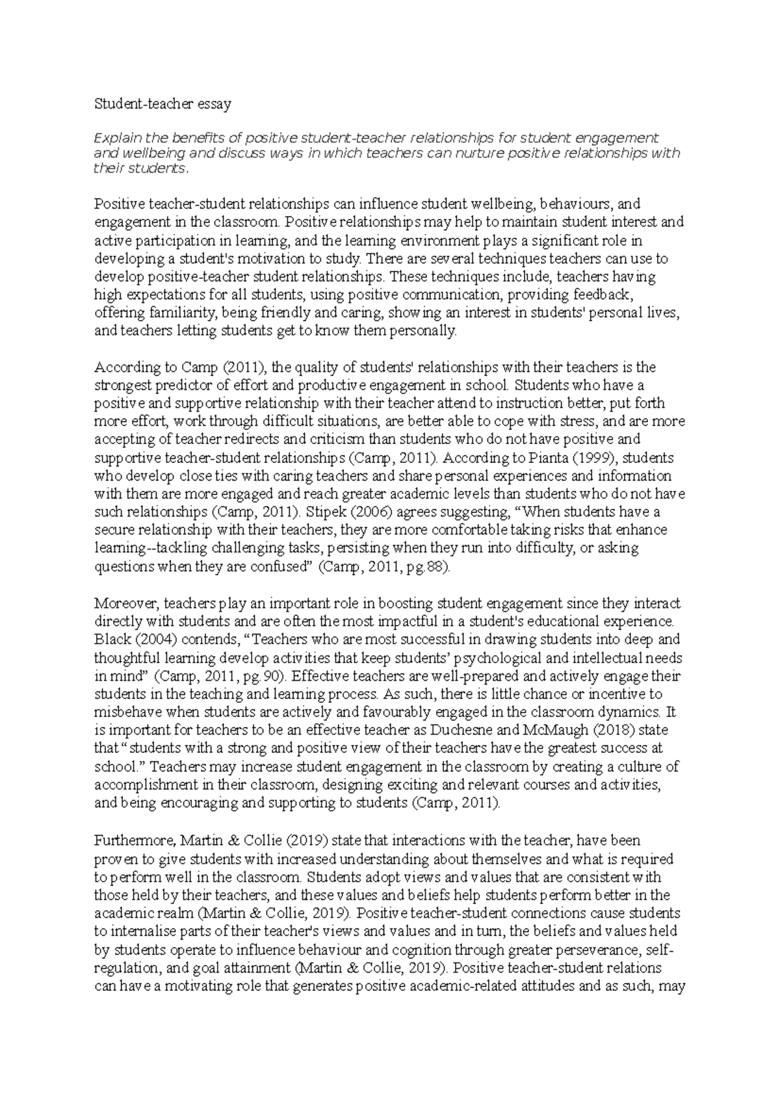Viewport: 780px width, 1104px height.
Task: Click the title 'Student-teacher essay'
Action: (162, 103)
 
